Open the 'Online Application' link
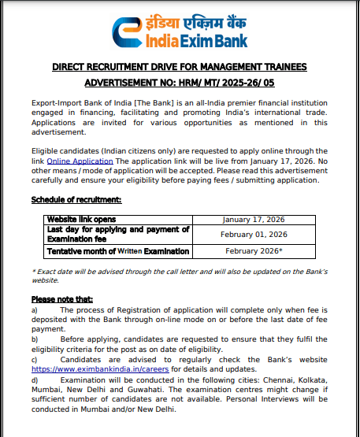[x=69, y=160]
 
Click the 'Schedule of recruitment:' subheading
[x=76, y=200]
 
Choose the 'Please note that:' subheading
[x=62, y=299]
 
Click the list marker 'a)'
[x=35, y=310]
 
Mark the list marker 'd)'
[x=35, y=379]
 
